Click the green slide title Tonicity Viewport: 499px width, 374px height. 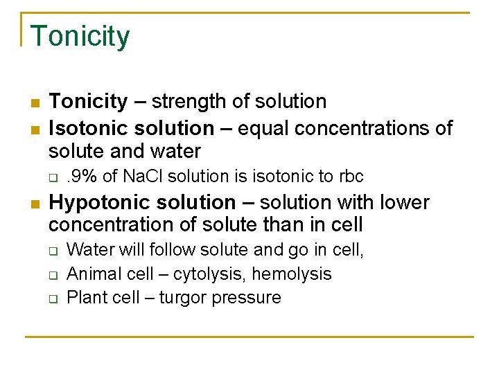[x=80, y=37]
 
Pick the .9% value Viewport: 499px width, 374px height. [x=82, y=177]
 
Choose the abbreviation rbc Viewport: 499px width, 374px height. [x=351, y=177]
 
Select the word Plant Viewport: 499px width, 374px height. [x=84, y=298]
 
